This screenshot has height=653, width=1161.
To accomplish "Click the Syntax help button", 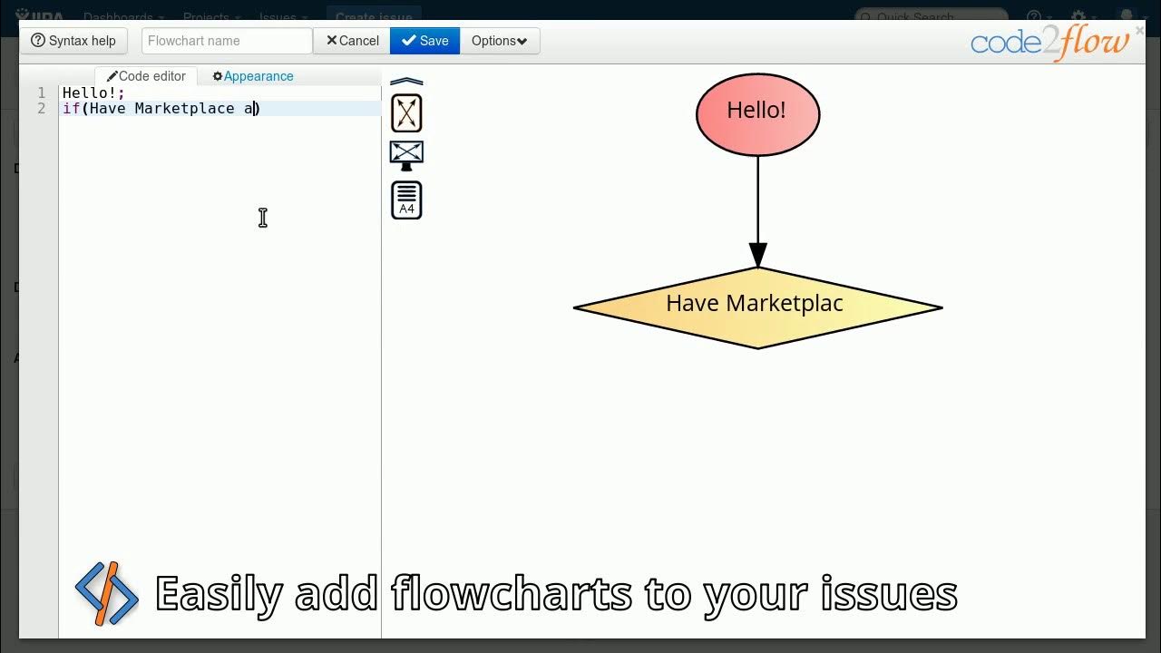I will pos(74,41).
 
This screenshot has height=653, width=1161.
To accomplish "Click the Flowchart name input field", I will pos(227,41).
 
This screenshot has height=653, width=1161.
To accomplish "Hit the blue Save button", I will pos(424,41).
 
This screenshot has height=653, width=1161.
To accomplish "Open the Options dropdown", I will pos(499,41).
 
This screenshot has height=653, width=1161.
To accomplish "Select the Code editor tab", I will pos(146,76).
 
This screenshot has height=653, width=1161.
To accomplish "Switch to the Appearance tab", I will pos(253,76).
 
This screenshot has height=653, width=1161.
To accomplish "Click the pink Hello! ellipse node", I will pos(757,114).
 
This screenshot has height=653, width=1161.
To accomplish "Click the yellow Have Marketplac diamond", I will pos(757,307).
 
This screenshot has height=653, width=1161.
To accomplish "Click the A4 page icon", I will pos(406,200).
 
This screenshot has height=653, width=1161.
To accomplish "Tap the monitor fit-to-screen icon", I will pos(406,154).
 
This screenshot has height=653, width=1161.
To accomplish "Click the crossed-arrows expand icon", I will pos(406,113).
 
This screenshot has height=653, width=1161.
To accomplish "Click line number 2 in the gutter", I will pos(42,109).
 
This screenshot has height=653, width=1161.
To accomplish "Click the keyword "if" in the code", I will pos(71,109).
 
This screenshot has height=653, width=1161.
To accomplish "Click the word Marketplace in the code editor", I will pos(184,109).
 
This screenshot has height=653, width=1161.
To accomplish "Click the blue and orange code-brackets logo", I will pos(107,594).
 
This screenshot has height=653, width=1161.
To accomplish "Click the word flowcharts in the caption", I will pos(512,594).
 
